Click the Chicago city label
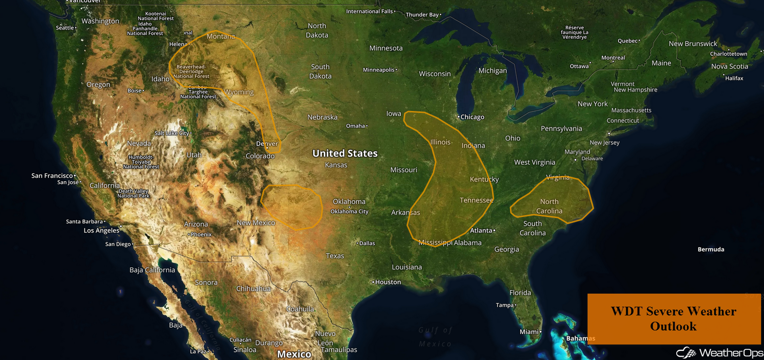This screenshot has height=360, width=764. pos(472,117)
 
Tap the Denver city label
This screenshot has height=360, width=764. pos(267,144)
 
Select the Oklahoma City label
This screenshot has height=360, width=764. pos(350,211)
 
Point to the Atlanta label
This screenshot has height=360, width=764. pos(481,231)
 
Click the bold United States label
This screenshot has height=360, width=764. pos(345,154)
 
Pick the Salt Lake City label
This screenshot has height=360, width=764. pos(172,133)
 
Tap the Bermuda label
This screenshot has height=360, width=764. pos(711,250)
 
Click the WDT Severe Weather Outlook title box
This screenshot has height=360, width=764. pos(674,319)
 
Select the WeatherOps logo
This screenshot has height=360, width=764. pos(719,353)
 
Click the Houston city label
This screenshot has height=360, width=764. pos(388,282)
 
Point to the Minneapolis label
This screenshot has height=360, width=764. pos(379,70)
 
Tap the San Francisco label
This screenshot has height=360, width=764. pos(52,176)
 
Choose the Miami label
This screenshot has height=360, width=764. pos(529,332)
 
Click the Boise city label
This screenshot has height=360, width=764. pos(135,91)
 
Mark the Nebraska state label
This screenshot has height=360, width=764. pos(322,117)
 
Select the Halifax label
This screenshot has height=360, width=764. pos(734,78)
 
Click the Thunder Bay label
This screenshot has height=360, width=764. pos(422,15)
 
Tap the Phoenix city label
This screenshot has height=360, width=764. pos(201,235)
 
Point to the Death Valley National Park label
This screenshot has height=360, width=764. pos(133,193)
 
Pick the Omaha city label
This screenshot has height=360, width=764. pos(356,126)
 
